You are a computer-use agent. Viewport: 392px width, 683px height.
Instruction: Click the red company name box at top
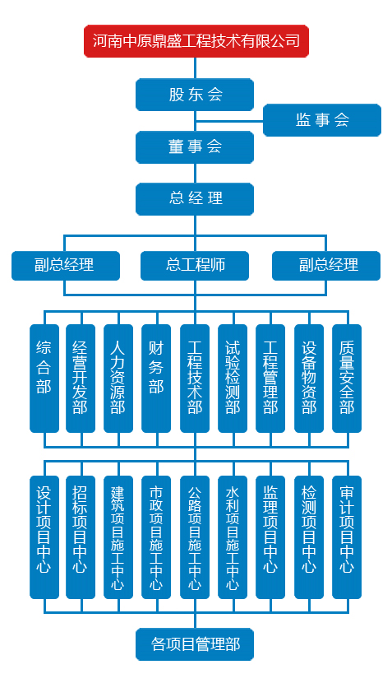tap(196, 41)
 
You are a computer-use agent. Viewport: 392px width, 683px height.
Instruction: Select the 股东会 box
tap(195, 95)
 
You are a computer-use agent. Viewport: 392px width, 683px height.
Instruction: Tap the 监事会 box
tap(322, 120)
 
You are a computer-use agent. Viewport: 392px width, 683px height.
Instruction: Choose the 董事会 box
tap(195, 147)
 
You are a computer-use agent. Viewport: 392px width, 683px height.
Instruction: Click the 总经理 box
tap(195, 199)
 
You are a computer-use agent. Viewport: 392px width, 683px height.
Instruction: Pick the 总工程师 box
tap(195, 265)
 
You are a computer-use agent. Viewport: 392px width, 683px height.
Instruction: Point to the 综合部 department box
tap(44, 378)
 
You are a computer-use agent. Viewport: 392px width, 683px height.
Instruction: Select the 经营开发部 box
tap(81, 378)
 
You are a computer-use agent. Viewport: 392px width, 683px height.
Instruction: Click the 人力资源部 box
tap(118, 378)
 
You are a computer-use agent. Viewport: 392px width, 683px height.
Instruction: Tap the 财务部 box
tap(156, 378)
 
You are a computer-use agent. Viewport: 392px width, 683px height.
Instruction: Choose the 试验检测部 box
tap(233, 378)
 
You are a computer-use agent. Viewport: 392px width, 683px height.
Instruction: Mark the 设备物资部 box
tap(309, 378)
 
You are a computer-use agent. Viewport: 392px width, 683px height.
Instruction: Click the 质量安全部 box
tap(347, 378)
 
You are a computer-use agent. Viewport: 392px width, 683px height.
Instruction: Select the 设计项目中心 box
tap(44, 537)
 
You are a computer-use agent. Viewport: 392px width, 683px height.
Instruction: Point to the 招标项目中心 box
tap(81, 537)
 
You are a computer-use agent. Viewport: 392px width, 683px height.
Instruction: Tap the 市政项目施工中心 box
tap(156, 537)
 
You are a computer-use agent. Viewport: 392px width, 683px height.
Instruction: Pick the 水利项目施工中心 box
tap(233, 537)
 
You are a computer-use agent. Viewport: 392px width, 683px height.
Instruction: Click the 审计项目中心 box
tap(347, 537)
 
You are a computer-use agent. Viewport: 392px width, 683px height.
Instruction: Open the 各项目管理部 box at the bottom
tap(195, 644)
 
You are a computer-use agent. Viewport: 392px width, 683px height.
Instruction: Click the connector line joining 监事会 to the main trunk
tap(229, 121)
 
